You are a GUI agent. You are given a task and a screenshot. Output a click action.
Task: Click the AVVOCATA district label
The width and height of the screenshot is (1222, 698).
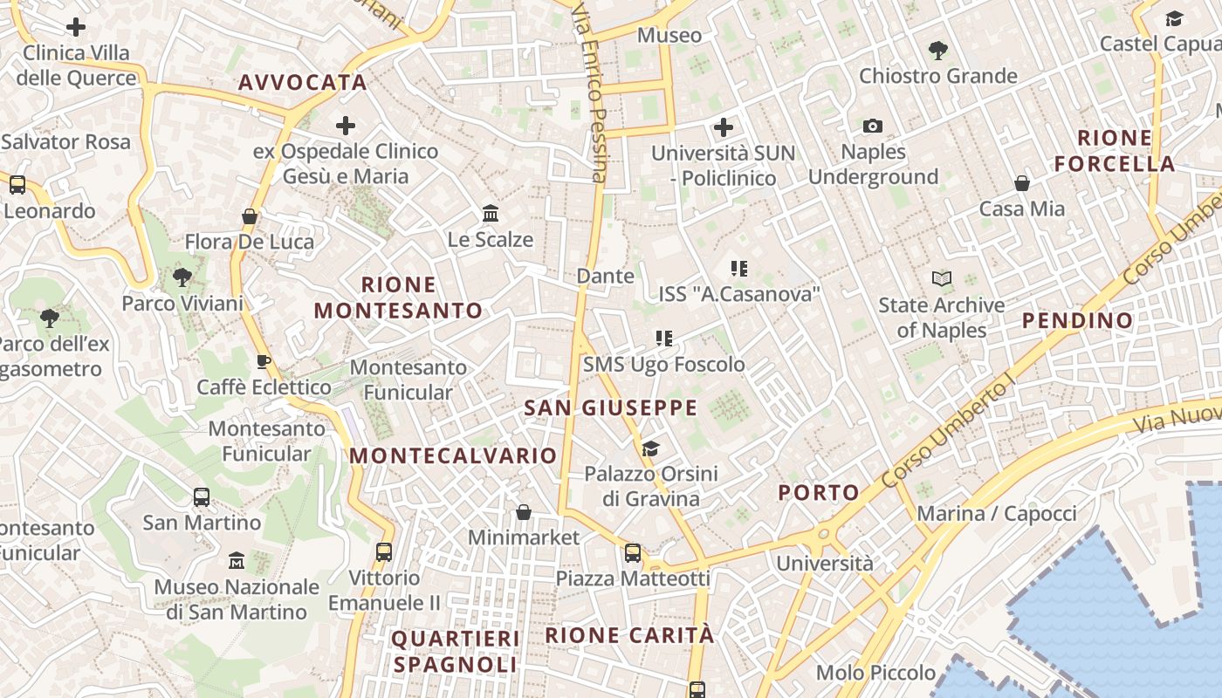302,83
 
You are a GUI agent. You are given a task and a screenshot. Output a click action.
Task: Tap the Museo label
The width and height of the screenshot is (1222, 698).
669,36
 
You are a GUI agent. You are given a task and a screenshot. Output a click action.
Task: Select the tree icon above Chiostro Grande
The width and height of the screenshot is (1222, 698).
938,51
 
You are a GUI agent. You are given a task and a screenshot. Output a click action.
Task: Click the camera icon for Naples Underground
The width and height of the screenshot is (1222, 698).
872,127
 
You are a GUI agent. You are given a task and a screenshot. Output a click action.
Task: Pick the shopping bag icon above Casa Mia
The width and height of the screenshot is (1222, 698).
1022,183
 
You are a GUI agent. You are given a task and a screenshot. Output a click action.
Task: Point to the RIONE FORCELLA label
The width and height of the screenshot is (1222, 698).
1115,151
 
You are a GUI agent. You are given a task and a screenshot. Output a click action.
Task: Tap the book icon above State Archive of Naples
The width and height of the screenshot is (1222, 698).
941,279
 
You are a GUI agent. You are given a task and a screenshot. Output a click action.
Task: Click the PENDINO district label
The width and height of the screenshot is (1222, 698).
1078,321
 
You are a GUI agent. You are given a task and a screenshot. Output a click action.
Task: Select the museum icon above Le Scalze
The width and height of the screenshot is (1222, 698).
491,214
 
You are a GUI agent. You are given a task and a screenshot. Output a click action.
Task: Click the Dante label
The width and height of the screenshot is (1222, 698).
606,277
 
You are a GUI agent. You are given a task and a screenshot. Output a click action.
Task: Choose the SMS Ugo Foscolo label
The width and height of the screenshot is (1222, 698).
664,365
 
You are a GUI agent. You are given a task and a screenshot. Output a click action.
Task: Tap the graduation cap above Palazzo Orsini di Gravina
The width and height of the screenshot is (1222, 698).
650,449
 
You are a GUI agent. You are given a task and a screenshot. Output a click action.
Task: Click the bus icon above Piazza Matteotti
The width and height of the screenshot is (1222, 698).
633,553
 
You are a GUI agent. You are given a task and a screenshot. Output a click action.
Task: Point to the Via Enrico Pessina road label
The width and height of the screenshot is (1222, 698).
590,92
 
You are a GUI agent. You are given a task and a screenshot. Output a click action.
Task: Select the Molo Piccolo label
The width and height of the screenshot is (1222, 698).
875,673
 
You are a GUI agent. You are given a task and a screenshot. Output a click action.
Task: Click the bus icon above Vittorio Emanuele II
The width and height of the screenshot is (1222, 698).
384,552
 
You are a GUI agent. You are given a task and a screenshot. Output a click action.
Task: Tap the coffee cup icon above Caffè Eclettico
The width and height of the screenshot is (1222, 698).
264,361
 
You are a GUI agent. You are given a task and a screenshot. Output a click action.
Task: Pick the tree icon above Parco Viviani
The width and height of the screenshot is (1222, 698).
182,278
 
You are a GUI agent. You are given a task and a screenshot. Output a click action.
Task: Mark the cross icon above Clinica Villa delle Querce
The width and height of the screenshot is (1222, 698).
76,27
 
